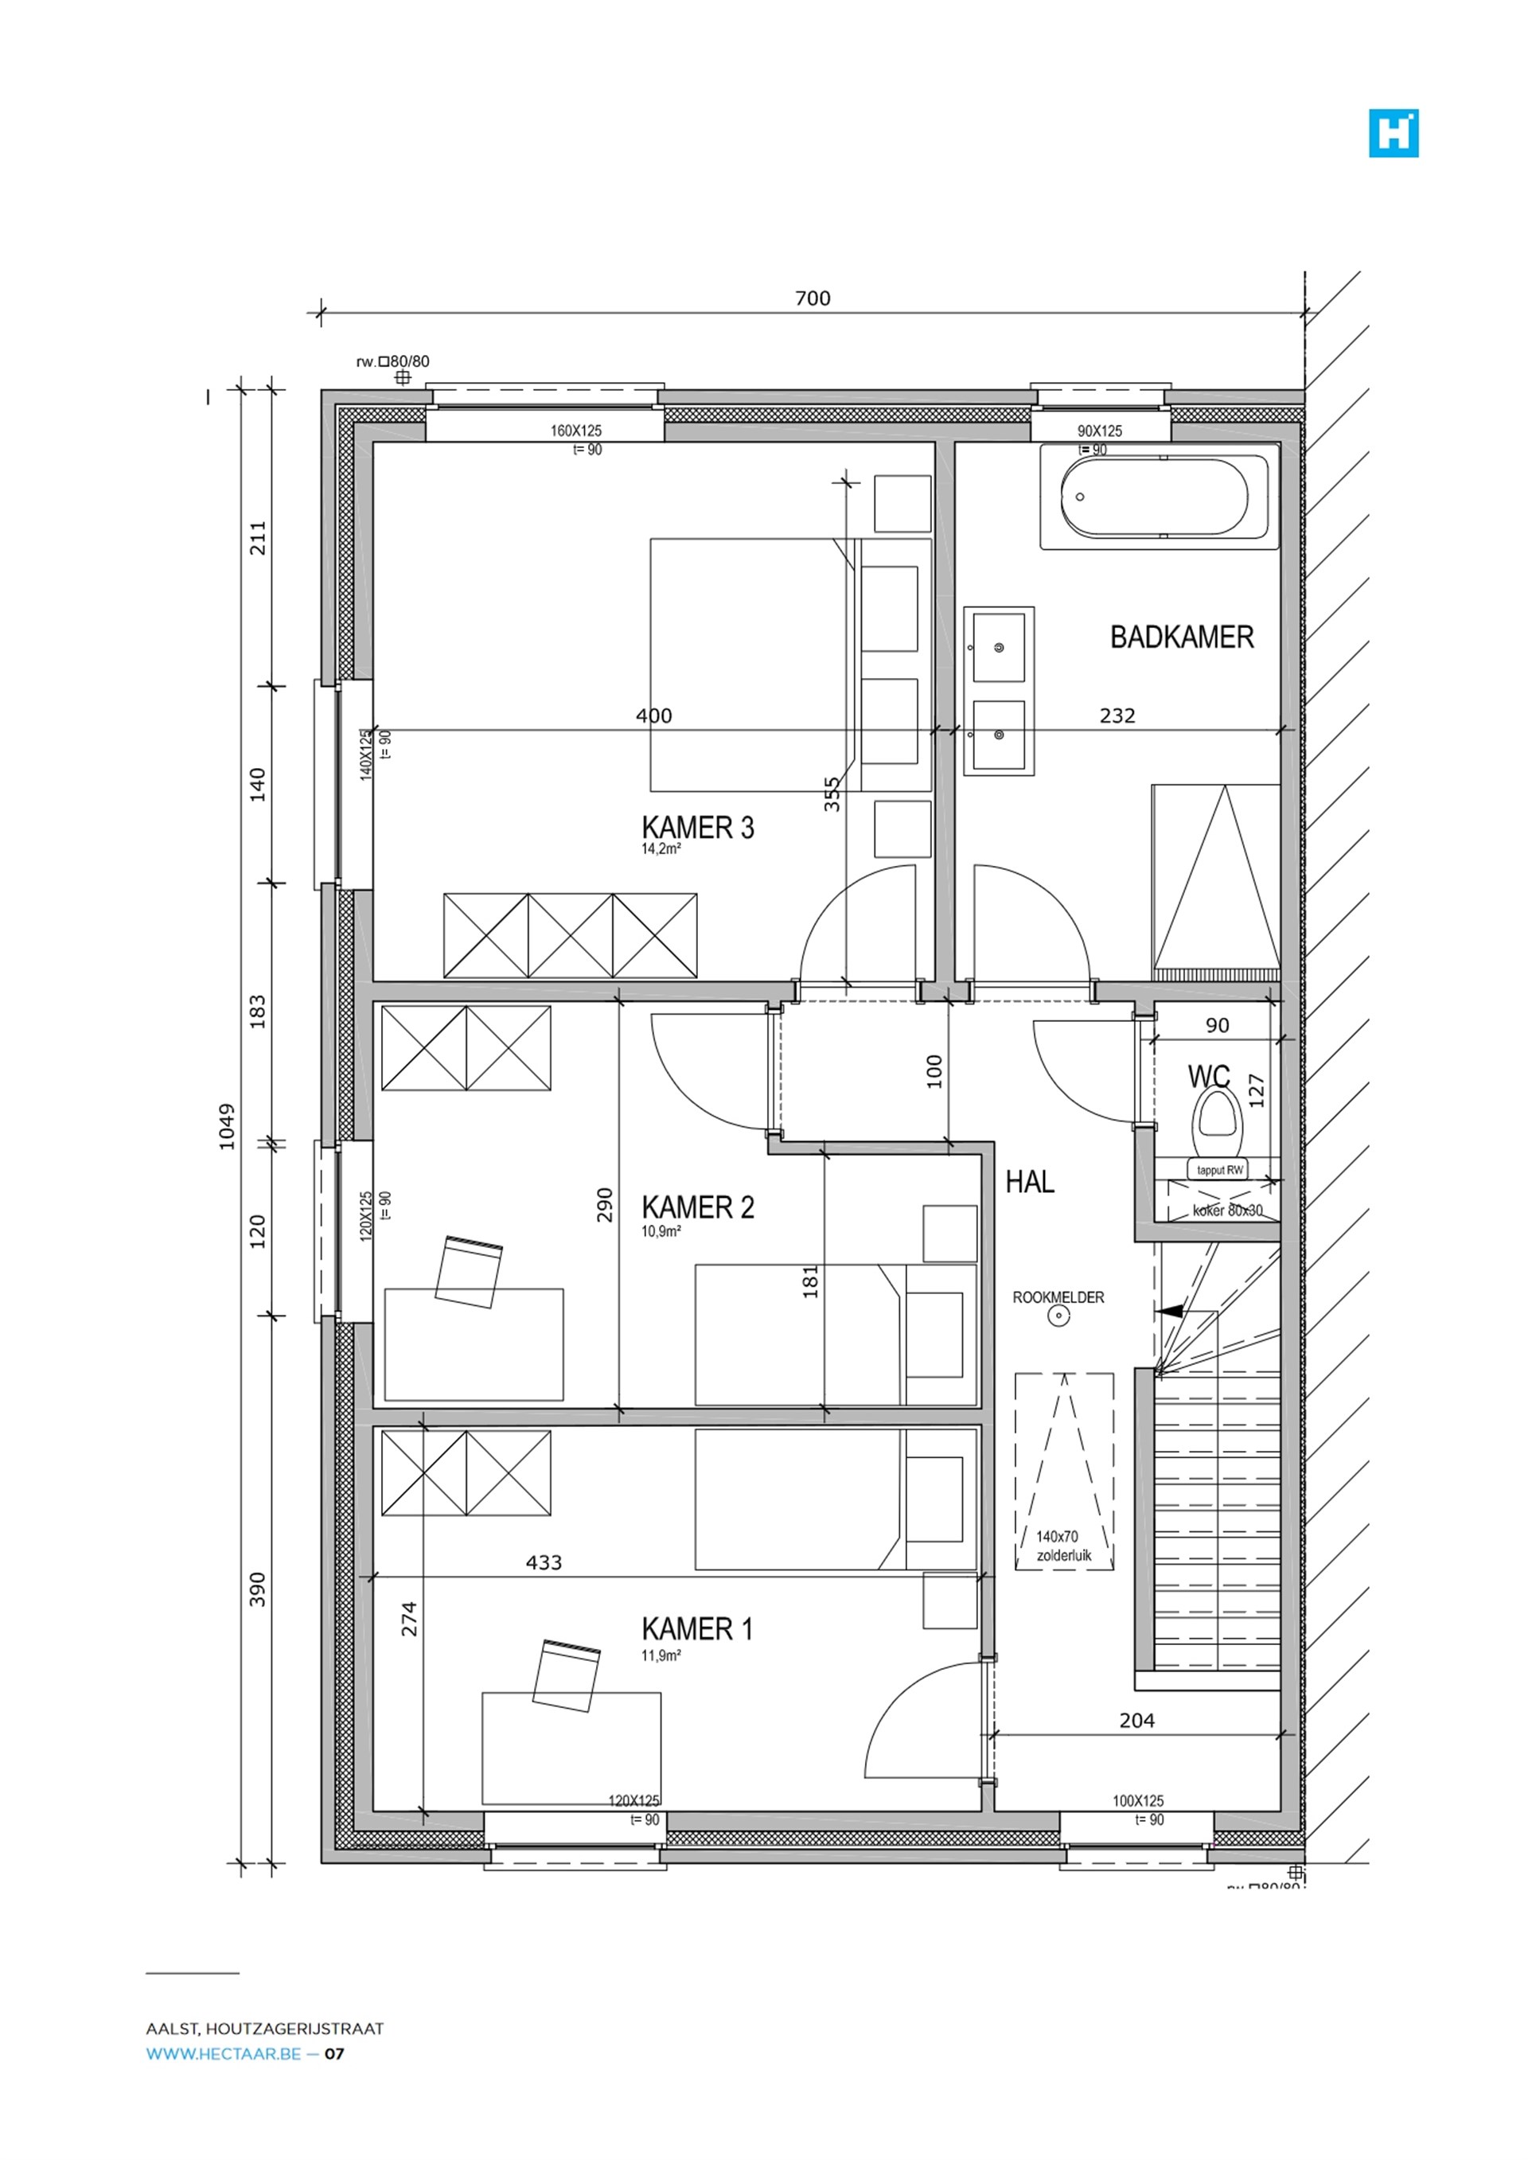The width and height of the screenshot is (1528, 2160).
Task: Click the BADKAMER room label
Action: [1181, 637]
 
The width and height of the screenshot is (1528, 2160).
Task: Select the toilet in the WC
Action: [1218, 1123]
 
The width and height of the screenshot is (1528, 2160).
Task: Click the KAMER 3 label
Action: [697, 828]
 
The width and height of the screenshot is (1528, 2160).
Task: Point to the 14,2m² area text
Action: [661, 848]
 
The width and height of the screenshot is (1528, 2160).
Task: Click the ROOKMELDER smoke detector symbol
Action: [1059, 1316]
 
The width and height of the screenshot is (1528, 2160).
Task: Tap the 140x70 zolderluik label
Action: [1063, 1546]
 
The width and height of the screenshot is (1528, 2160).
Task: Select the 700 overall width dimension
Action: [812, 298]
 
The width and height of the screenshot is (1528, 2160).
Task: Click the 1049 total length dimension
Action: [227, 1126]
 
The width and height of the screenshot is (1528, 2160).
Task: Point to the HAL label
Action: [1029, 1183]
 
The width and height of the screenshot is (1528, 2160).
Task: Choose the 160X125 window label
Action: [576, 431]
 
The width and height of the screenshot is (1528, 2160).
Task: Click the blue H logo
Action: [1393, 133]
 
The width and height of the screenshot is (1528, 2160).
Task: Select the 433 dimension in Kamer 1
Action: [543, 1562]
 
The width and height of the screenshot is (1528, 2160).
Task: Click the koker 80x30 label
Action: [1227, 1211]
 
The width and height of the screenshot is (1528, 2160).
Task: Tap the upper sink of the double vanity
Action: [998, 647]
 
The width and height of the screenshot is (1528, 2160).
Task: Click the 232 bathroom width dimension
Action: [1117, 716]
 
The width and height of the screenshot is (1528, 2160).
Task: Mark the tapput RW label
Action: [1219, 1170]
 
